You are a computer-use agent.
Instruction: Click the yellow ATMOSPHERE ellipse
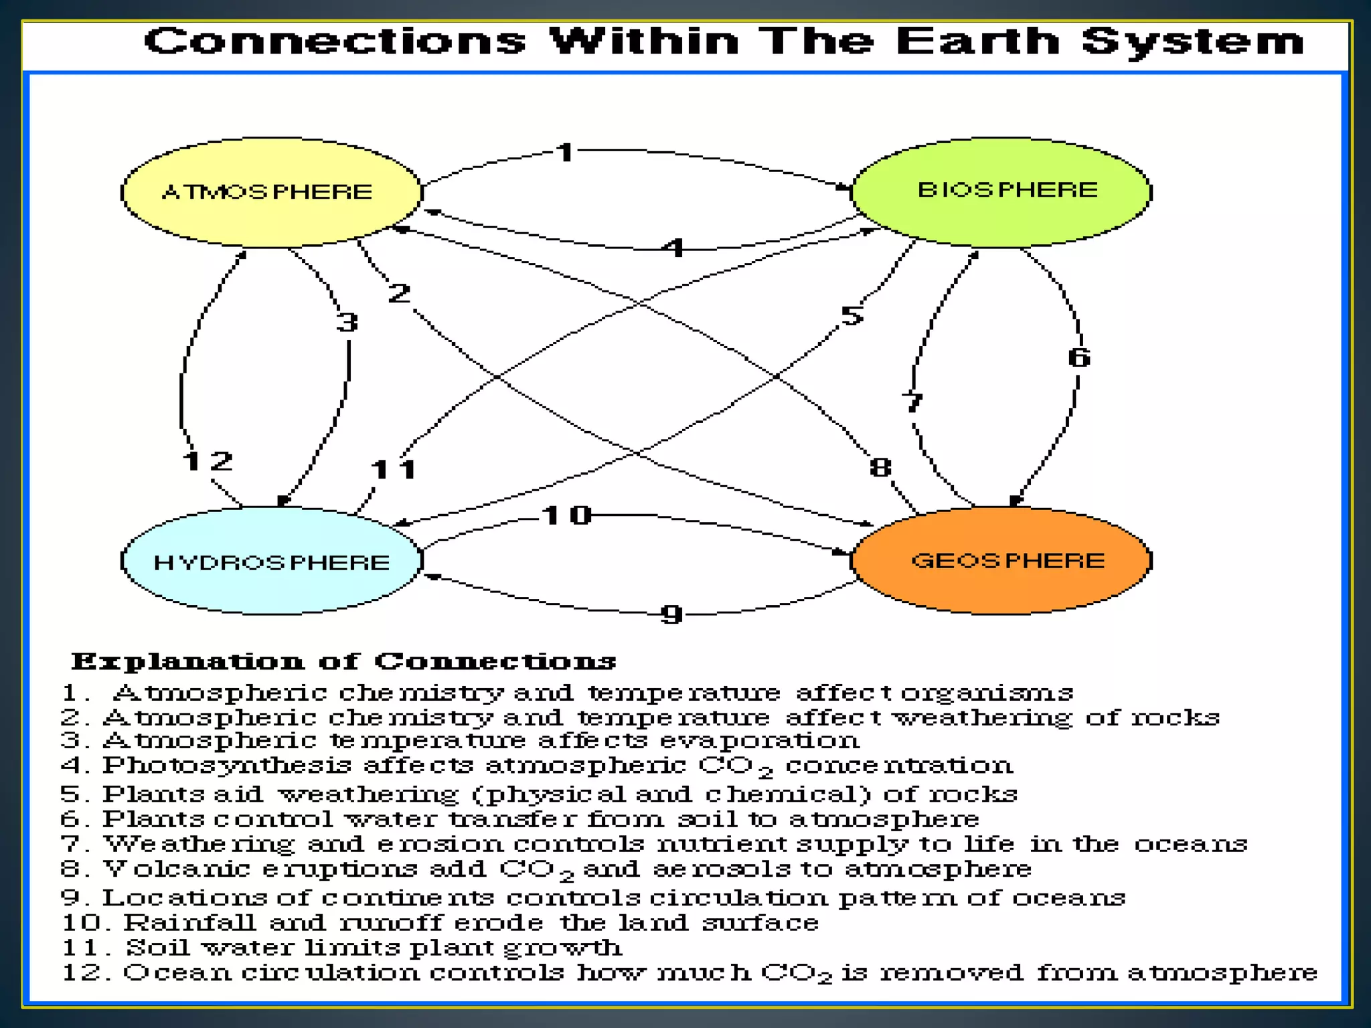271,192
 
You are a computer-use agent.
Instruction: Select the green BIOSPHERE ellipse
1001,192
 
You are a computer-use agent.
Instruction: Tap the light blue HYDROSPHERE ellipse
271,561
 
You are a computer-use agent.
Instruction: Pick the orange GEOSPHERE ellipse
1001,560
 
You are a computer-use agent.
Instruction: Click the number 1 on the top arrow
566,153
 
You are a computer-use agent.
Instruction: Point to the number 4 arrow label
673,248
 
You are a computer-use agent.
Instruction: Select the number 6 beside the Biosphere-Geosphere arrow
1078,357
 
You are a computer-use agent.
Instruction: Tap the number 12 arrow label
208,460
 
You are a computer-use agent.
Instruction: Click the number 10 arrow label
566,515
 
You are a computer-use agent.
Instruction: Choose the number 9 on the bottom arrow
671,614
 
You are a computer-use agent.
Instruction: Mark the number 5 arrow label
852,315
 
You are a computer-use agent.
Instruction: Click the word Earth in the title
977,41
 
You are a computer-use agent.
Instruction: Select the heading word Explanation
187,662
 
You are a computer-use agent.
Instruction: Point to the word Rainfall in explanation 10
189,923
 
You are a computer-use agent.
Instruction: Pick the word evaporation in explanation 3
759,741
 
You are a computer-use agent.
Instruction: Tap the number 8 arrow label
880,467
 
